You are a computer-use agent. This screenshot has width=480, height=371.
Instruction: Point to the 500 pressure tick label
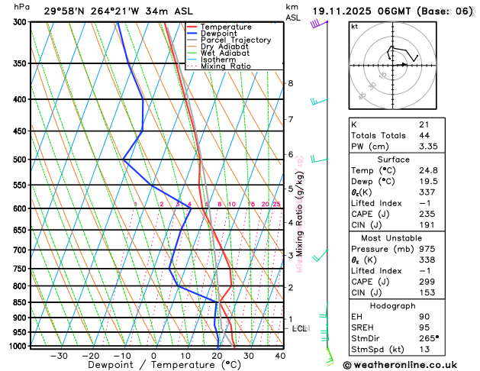pos(20,160)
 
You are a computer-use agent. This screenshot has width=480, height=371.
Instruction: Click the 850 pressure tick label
pos(20,302)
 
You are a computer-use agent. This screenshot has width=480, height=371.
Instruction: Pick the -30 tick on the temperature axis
pos(58,356)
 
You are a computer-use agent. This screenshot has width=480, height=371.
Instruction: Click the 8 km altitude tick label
pos(291,83)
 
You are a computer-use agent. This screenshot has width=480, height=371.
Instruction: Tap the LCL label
pos(300,329)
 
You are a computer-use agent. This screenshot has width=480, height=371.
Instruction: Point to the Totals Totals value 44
pos(424,135)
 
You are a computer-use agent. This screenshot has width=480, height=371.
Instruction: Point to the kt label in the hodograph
pos(354,26)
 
